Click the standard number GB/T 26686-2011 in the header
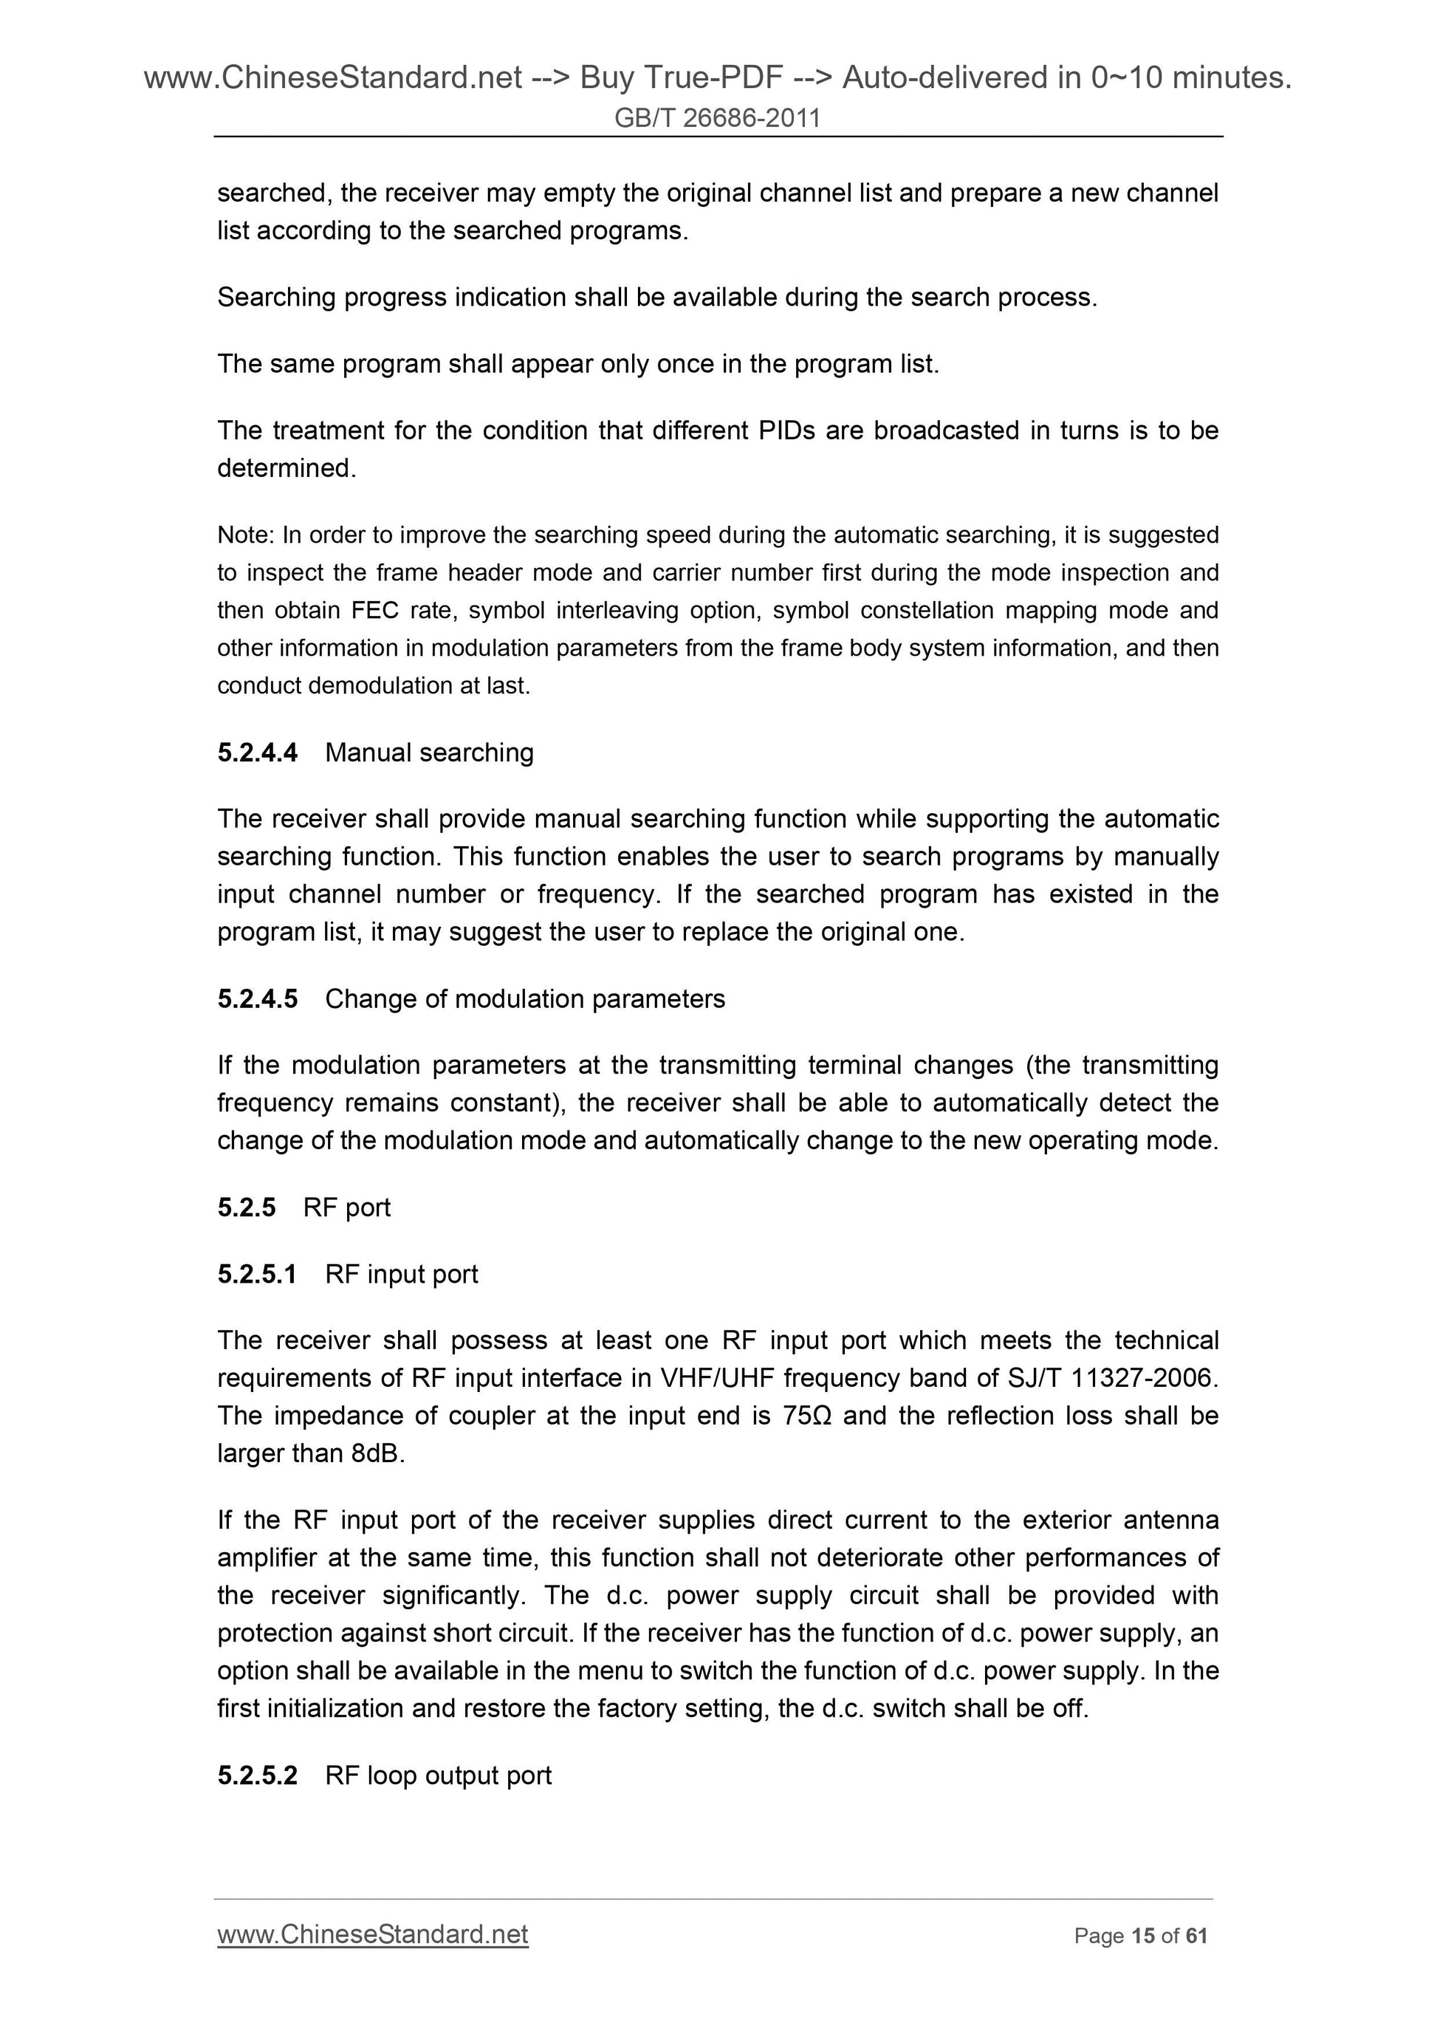[717, 117]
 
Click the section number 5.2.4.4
[258, 752]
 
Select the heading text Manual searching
[430, 752]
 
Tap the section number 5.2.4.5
[258, 999]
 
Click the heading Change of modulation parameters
[525, 999]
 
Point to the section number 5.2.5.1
[258, 1274]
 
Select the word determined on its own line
[284, 468]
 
